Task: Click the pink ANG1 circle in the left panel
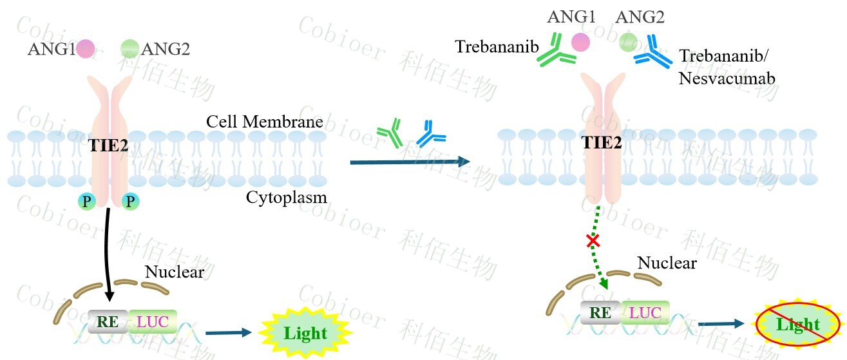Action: click(x=86, y=48)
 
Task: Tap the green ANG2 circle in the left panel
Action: click(x=129, y=48)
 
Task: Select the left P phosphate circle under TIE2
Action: click(x=86, y=202)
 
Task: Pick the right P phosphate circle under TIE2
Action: click(x=130, y=202)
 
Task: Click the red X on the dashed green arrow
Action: click(x=593, y=241)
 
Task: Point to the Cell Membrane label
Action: click(x=265, y=121)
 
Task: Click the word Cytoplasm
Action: click(x=286, y=197)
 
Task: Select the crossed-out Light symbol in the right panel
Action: click(x=797, y=324)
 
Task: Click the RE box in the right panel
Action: click(x=600, y=313)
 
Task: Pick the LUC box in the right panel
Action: click(x=645, y=313)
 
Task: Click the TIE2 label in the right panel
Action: click(x=602, y=143)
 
